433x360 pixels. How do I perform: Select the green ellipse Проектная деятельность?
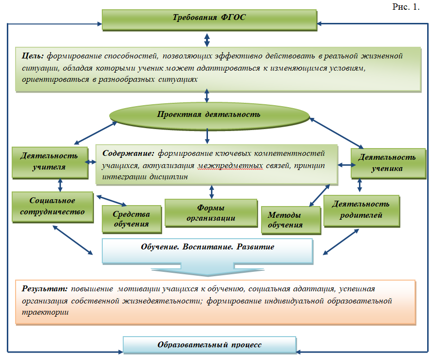(209, 115)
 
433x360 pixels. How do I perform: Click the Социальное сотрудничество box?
(52, 207)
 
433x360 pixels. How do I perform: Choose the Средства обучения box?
(131, 219)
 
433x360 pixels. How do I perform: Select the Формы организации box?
(210, 212)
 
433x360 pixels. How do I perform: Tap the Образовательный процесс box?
(209, 345)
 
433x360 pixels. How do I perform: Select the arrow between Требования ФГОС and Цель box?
(207, 38)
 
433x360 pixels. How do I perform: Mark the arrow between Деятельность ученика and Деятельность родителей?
(360, 185)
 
